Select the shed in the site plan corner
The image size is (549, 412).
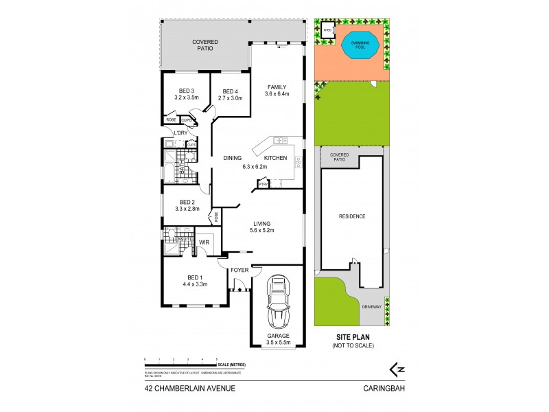coord(328,31)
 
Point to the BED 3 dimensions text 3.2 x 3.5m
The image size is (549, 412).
coord(187,98)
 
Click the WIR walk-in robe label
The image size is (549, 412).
coord(204,243)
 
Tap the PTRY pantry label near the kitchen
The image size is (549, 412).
coord(262,184)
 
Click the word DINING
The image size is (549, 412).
coord(232,159)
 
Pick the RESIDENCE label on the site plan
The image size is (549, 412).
coord(351,216)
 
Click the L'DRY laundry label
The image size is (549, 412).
coord(180,133)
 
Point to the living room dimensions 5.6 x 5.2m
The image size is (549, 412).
coord(261,231)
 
